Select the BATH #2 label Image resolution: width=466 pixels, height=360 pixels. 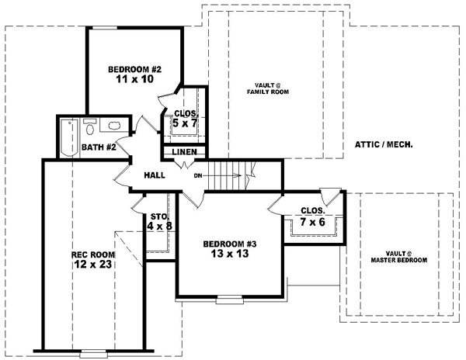(x=99, y=147)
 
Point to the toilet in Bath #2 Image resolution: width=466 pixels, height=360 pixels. (x=89, y=126)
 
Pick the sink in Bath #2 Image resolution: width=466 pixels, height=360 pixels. (x=114, y=126)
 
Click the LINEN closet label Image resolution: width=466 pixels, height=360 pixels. (x=184, y=152)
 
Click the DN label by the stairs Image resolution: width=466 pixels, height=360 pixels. (x=198, y=175)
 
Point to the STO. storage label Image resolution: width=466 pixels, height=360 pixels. (x=159, y=216)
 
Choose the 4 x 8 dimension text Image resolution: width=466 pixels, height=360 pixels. (x=159, y=227)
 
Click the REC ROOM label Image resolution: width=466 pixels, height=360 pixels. (x=93, y=254)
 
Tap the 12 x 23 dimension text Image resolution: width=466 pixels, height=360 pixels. (x=93, y=265)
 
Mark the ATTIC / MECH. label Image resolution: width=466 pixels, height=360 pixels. (x=383, y=145)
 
